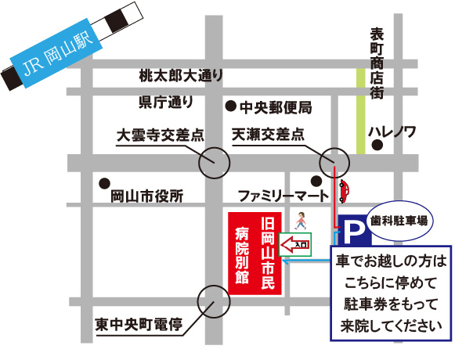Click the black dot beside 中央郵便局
click(230, 106)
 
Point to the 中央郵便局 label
click(276, 106)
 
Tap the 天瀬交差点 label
click(268, 135)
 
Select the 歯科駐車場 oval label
click(399, 221)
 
